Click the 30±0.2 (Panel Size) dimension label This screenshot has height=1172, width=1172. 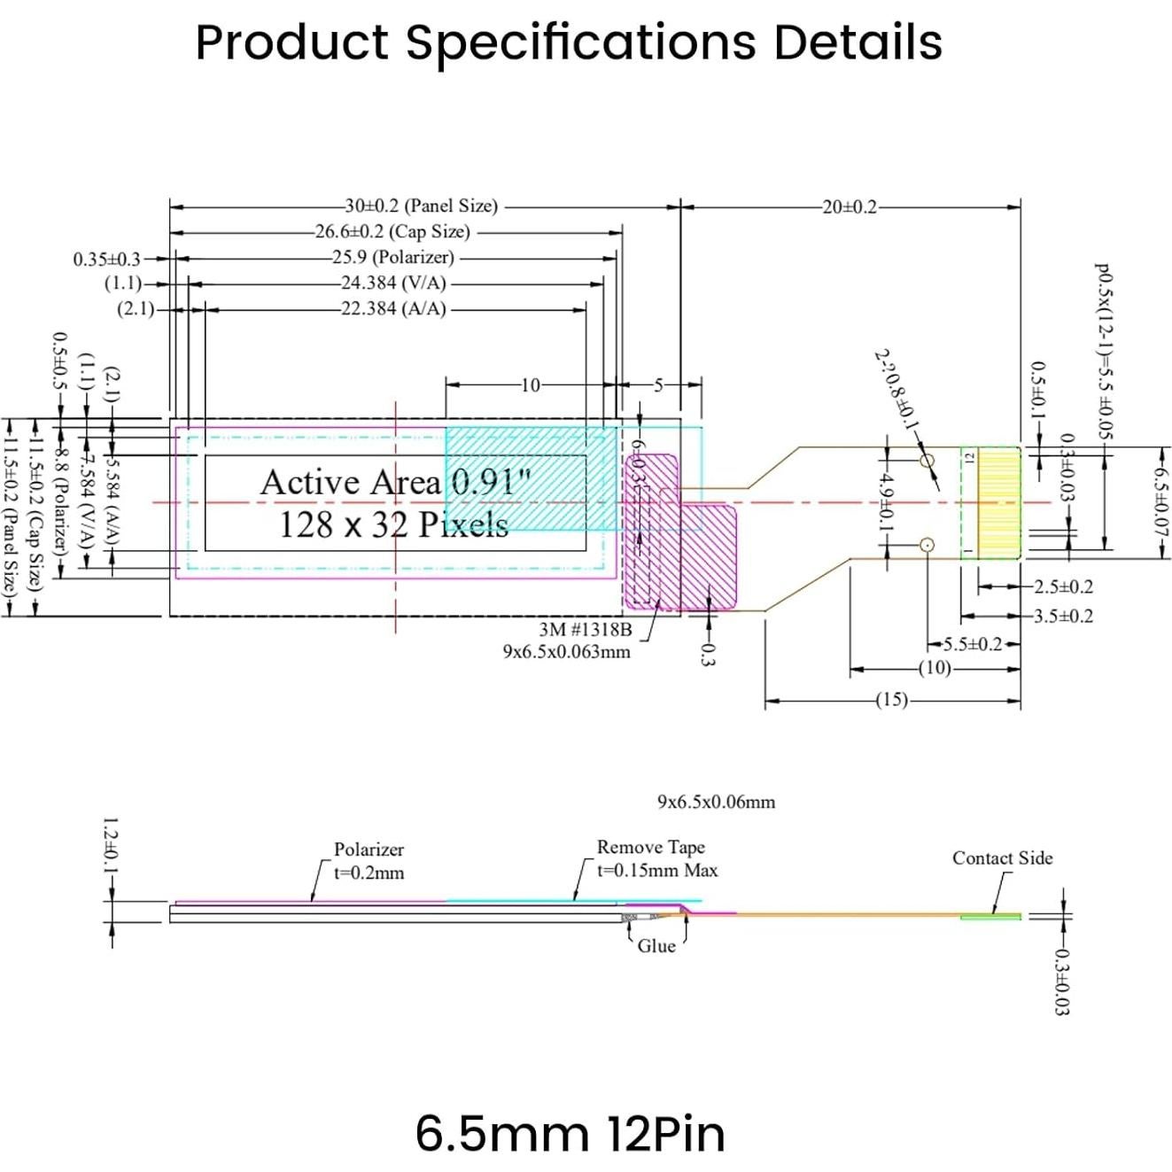(421, 206)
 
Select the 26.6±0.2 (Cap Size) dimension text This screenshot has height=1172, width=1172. (392, 232)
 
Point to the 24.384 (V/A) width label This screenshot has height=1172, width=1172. (393, 283)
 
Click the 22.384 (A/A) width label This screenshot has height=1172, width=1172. (393, 309)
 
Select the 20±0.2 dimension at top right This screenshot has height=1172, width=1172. (849, 207)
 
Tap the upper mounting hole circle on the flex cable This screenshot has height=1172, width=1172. (927, 462)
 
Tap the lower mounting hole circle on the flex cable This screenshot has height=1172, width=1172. (927, 545)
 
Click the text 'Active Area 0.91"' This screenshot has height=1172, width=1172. (395, 483)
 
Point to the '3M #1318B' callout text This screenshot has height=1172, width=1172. (586, 630)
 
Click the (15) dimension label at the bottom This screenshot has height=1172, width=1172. (891, 700)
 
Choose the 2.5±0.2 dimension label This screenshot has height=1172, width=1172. (1063, 586)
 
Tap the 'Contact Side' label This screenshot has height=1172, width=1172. (1002, 858)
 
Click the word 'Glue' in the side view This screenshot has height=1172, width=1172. (656, 946)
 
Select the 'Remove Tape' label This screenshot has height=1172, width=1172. (650, 847)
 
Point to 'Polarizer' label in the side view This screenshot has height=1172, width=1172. (369, 850)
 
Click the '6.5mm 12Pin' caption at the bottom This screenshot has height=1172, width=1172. (570, 1133)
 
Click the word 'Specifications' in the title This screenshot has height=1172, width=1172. (580, 42)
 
